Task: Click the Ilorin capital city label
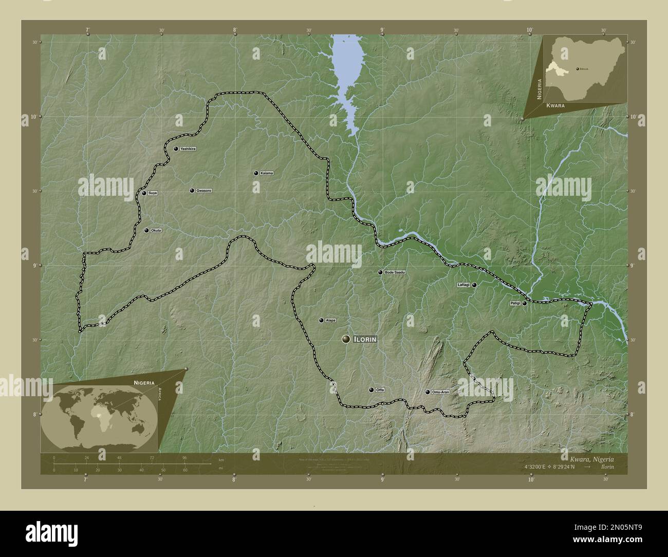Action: pyautogui.click(x=366, y=340)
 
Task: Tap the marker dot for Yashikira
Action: pyautogui.click(x=176, y=148)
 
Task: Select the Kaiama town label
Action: pyautogui.click(x=267, y=173)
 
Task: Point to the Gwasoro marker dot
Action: pyautogui.click(x=192, y=191)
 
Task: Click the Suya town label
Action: pyautogui.click(x=153, y=193)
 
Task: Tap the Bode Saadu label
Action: pyautogui.click(x=395, y=272)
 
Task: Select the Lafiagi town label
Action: pyautogui.click(x=464, y=285)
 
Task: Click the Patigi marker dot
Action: pyautogui.click(x=525, y=304)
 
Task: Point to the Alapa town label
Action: pyautogui.click(x=330, y=320)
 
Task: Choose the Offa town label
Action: pyautogui.click(x=380, y=390)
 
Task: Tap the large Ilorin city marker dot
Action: pyautogui.click(x=346, y=339)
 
